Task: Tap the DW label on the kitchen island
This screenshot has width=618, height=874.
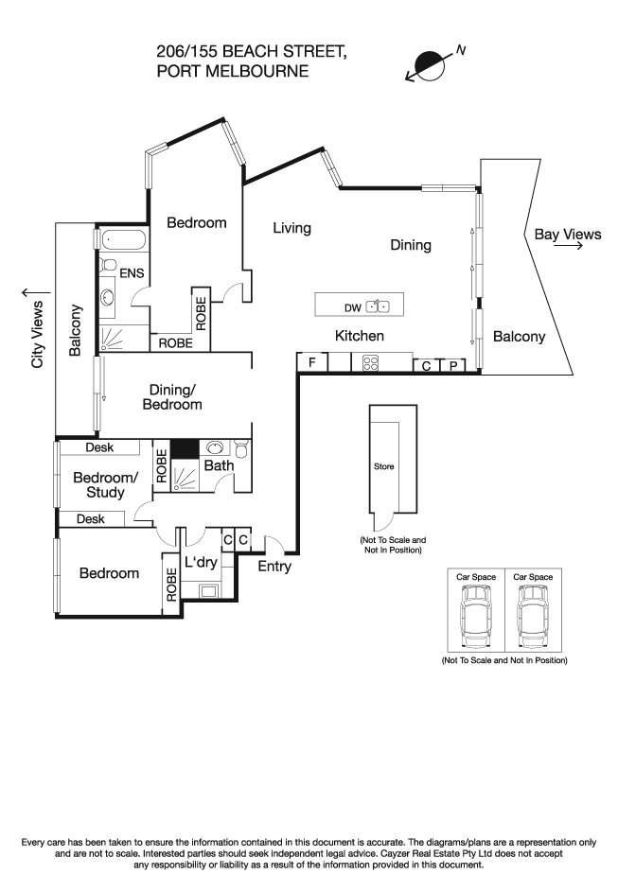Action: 352,306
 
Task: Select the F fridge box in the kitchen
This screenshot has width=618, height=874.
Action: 311,362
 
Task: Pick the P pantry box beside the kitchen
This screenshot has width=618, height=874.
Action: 453,365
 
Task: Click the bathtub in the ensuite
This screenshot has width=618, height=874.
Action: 123,240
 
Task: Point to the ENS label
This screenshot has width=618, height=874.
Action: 132,273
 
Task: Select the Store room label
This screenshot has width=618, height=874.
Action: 383,466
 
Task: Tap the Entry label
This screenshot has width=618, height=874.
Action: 274,567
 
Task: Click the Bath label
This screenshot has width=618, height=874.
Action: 219,465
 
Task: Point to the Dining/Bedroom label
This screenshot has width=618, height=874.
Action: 172,396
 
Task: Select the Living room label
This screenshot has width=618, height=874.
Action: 291,228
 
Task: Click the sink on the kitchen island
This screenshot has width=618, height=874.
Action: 378,306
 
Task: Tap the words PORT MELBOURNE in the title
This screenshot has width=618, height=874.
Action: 232,70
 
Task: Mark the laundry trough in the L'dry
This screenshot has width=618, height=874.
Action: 207,592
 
